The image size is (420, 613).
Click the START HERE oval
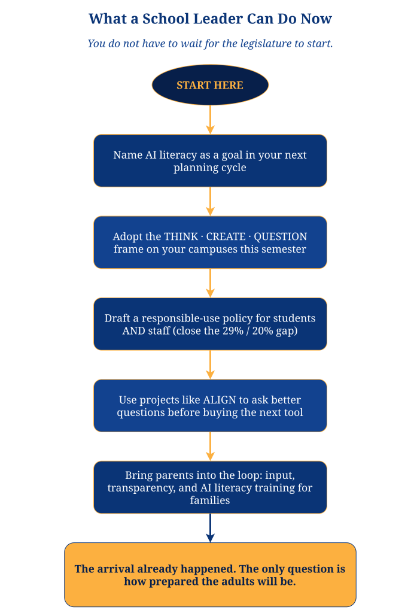pyautogui.click(x=210, y=85)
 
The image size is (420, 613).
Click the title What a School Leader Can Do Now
pyautogui.click(x=210, y=19)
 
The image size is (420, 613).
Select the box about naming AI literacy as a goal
pyautogui.click(x=210, y=160)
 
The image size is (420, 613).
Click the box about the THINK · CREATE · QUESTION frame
pyautogui.click(x=210, y=242)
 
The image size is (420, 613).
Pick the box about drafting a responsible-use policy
pyautogui.click(x=210, y=324)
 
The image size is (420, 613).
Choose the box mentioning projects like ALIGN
pyautogui.click(x=210, y=406)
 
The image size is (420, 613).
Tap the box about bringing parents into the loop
pyautogui.click(x=210, y=487)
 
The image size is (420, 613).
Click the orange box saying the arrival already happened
pyautogui.click(x=210, y=575)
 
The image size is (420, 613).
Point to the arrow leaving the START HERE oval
pyautogui.click(x=210, y=120)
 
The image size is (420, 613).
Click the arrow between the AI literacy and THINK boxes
pyautogui.click(x=210, y=201)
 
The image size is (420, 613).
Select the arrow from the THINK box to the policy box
pyautogui.click(x=210, y=283)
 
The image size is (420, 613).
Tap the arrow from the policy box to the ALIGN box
pyautogui.click(x=210, y=365)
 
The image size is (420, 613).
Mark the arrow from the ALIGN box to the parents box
pyautogui.click(x=210, y=447)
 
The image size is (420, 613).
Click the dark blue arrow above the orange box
pyautogui.click(x=210, y=528)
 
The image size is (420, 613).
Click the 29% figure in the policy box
pyautogui.click(x=233, y=331)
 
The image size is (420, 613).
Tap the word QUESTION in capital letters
pyautogui.click(x=281, y=236)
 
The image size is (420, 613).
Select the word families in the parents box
pyautogui.click(x=210, y=500)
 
